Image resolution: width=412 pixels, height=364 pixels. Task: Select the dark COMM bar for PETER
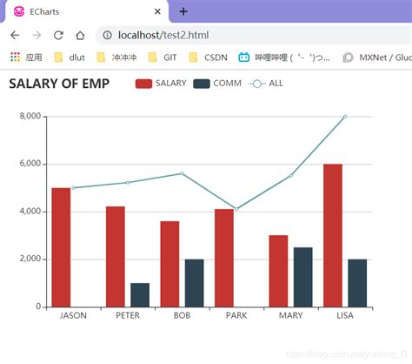pyautogui.click(x=140, y=294)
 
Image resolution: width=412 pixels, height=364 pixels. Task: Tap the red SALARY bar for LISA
pyautogui.click(x=332, y=235)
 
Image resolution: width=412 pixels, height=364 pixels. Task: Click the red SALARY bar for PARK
pyautogui.click(x=224, y=258)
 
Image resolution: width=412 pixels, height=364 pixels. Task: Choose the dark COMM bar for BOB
pyautogui.click(x=194, y=282)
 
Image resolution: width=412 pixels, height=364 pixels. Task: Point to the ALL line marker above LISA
pyautogui.click(x=345, y=116)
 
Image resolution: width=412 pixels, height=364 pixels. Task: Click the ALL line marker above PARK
pyautogui.click(x=236, y=209)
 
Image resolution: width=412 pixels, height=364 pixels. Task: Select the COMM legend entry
pyautogui.click(x=217, y=84)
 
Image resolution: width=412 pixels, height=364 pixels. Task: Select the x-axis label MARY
pyautogui.click(x=290, y=315)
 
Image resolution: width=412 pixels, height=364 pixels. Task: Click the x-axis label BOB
pyautogui.click(x=182, y=315)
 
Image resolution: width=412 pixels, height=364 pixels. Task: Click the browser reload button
pyautogui.click(x=58, y=35)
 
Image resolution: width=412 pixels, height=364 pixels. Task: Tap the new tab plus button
pyautogui.click(x=183, y=11)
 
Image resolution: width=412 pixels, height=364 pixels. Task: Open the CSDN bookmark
pyautogui.click(x=208, y=57)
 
